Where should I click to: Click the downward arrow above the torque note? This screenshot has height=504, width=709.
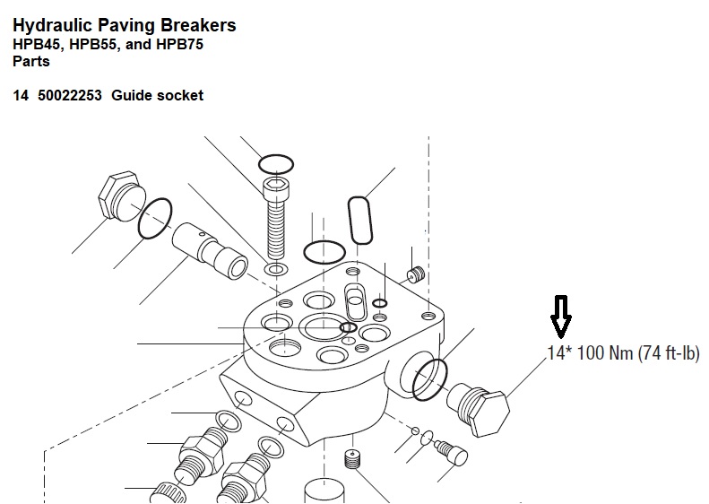tap(562, 316)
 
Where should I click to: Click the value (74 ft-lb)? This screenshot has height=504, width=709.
tap(669, 353)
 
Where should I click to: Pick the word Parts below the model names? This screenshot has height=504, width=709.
tap(30, 62)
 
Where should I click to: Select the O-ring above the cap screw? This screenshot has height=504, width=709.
tap(276, 163)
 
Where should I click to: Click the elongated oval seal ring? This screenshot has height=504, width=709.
tap(360, 220)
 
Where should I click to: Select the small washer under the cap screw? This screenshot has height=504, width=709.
tap(276, 269)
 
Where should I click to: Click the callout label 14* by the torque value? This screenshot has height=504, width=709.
tap(559, 353)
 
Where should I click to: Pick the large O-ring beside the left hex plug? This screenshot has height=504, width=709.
tap(155, 218)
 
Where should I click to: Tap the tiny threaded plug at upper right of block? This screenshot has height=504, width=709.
tap(414, 273)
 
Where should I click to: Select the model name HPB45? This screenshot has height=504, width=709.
tap(36, 44)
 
